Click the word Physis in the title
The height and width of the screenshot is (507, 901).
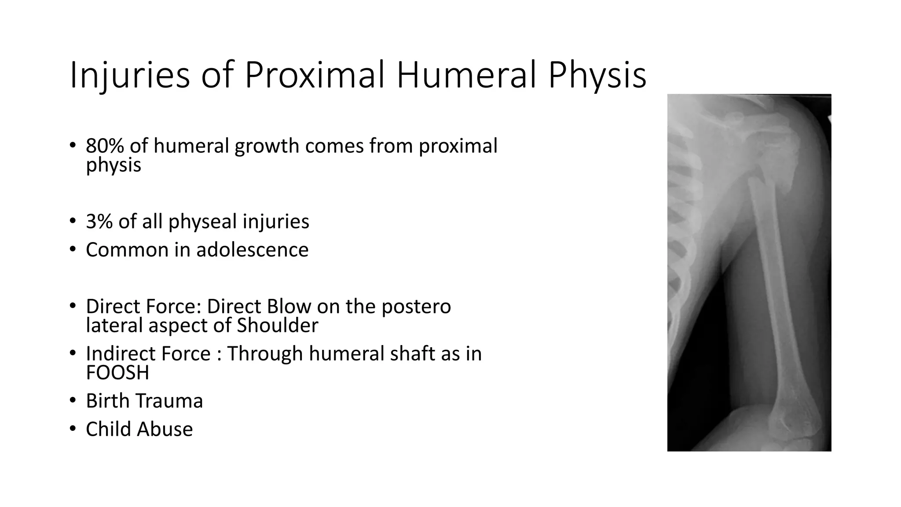597,76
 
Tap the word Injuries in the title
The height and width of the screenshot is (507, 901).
130,76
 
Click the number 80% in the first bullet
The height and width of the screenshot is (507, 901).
105,146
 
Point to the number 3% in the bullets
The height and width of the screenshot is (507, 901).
99,221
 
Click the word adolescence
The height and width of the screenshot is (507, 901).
252,250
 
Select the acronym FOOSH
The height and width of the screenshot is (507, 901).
117,373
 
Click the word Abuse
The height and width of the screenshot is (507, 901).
169,429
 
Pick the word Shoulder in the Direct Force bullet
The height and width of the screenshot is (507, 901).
277,326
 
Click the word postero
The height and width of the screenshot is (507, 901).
416,307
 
